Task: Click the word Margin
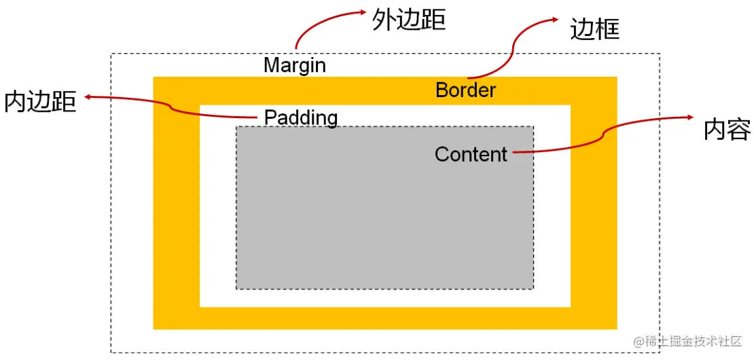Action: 294,65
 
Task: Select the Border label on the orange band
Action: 465,90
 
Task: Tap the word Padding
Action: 301,118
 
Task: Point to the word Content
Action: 471,154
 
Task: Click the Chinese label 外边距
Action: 408,20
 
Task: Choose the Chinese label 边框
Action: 595,29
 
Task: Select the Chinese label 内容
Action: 726,129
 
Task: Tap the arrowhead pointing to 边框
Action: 558,20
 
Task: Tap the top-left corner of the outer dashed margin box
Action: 111,54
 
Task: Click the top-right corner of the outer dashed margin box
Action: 659,54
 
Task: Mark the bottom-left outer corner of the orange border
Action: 154,329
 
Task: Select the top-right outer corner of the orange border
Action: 617,77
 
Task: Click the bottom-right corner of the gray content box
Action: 533,289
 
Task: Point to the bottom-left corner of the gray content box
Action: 236,289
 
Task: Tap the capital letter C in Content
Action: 442,154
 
